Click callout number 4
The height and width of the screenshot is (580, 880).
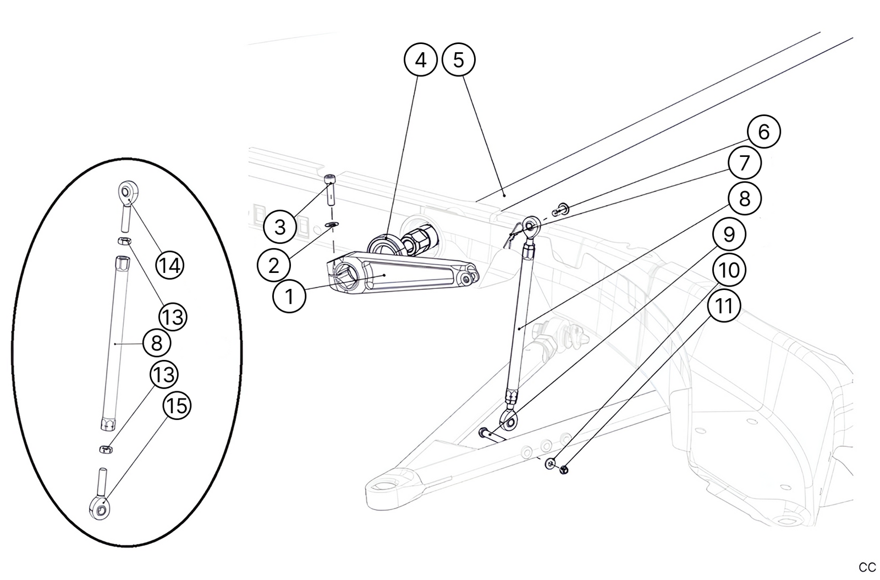(x=421, y=60)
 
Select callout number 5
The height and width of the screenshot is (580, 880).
(x=459, y=60)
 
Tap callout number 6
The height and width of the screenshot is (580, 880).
(x=763, y=132)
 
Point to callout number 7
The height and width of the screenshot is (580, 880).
(x=744, y=163)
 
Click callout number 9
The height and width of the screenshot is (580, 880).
(x=729, y=234)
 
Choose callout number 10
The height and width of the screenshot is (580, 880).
(x=729, y=270)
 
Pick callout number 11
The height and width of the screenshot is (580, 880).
(x=724, y=305)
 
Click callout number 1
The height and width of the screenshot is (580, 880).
(x=289, y=297)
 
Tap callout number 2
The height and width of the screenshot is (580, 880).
(x=274, y=266)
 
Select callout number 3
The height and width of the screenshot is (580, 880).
(x=280, y=227)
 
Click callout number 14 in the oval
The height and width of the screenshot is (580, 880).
(x=169, y=266)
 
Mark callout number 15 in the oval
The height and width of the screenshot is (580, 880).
(x=177, y=406)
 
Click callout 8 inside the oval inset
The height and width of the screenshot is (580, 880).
(x=157, y=343)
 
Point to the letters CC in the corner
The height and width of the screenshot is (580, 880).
(x=867, y=567)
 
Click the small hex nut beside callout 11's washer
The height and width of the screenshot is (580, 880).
(x=564, y=469)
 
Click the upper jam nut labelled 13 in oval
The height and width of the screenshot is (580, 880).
(x=125, y=240)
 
